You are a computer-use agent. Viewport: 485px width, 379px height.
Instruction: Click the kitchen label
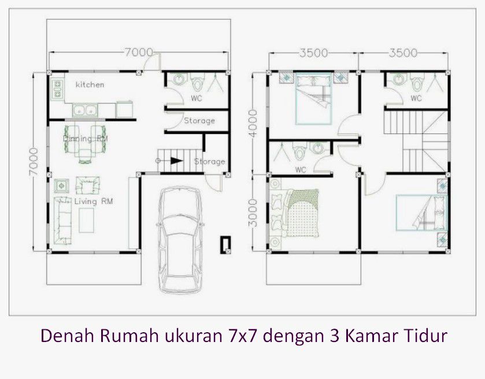90,84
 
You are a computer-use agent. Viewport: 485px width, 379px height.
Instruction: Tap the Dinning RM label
85,138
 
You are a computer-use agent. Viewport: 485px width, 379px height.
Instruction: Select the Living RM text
94,202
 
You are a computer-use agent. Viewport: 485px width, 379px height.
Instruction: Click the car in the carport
180,239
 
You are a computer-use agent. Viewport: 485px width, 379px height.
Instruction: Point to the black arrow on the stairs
176,161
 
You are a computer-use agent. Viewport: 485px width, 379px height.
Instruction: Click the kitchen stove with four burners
58,90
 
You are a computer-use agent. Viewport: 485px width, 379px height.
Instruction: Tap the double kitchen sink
85,110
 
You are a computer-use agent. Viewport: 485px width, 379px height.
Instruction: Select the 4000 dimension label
253,123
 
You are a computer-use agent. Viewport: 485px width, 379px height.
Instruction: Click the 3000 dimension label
253,213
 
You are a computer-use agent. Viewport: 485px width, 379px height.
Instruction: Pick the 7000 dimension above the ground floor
139,52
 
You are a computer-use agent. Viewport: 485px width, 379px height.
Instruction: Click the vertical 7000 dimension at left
34,162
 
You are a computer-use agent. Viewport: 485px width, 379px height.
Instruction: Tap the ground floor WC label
197,98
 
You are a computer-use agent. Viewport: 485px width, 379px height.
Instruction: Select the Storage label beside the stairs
209,161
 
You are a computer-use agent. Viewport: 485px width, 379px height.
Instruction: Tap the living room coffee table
86,220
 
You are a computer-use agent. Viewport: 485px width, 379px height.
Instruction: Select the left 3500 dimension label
314,53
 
